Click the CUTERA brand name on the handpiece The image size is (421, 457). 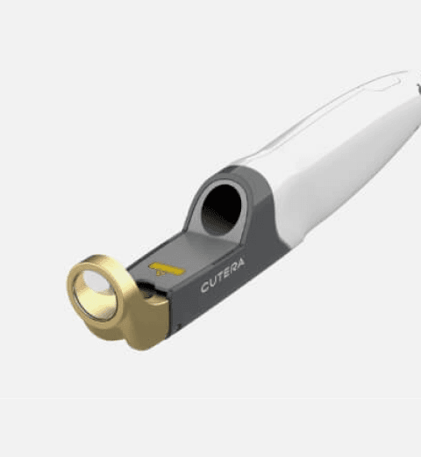(223, 275)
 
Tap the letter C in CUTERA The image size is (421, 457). (206, 287)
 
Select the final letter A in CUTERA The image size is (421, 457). (240, 264)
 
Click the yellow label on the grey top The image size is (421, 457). (167, 269)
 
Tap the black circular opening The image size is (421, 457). (222, 209)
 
